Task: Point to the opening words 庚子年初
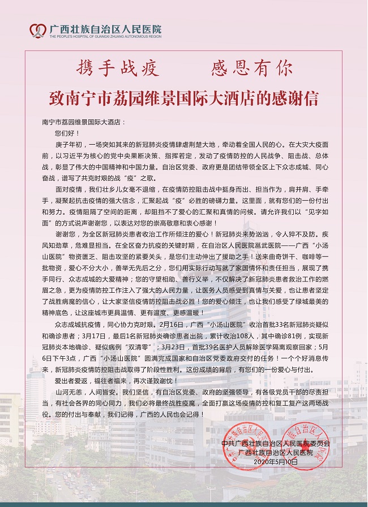[x=67, y=144]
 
